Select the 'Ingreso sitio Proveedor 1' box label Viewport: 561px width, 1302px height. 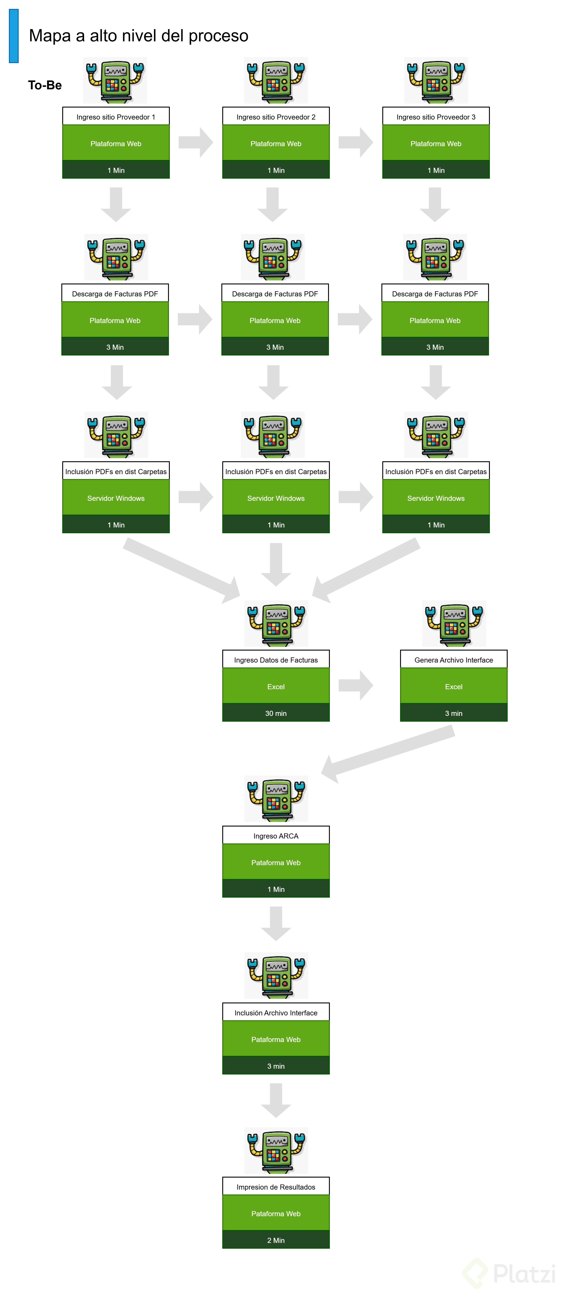point(116,117)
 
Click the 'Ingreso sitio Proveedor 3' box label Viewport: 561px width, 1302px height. point(436,117)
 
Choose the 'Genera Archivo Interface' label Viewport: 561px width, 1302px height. point(453,660)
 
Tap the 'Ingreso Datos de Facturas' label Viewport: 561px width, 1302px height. point(276,660)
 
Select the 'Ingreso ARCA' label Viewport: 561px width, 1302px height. point(276,835)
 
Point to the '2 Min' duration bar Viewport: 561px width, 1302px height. point(276,1240)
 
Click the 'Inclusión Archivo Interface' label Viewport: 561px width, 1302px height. point(276,1012)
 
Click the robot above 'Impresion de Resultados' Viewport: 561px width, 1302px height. point(276,1150)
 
